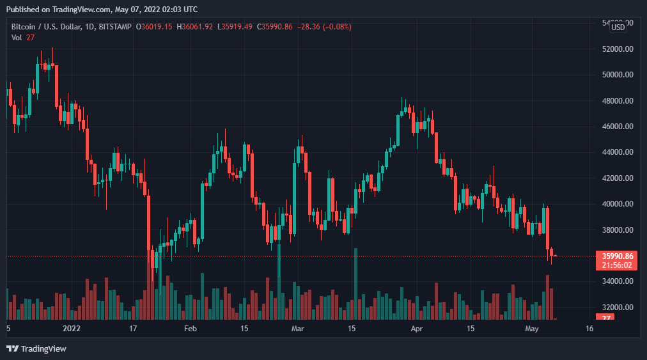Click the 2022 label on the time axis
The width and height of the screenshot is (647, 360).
click(x=71, y=329)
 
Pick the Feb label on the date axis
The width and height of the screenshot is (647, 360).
click(x=190, y=329)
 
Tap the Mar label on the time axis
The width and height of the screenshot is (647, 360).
click(x=297, y=329)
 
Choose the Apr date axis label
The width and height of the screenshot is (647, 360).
click(x=417, y=329)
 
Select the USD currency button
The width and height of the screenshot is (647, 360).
click(x=618, y=27)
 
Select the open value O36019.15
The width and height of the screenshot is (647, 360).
click(x=154, y=27)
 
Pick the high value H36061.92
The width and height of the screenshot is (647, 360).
click(x=195, y=27)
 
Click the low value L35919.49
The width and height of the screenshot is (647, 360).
click(x=235, y=27)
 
